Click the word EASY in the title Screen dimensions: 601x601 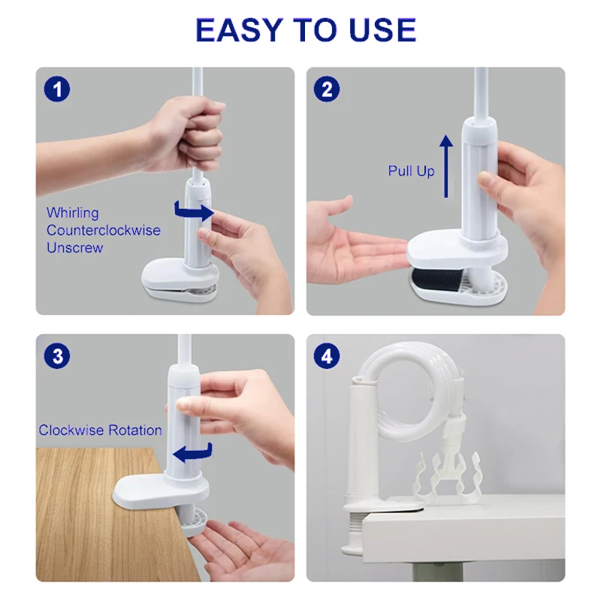pyautogui.click(x=239, y=30)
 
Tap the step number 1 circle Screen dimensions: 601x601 pyautogui.click(x=57, y=89)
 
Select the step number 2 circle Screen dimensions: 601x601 pyautogui.click(x=327, y=89)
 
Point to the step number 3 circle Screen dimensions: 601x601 pyautogui.click(x=57, y=356)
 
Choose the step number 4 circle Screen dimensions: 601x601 pyautogui.click(x=327, y=356)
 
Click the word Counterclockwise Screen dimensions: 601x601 pyautogui.click(x=104, y=230)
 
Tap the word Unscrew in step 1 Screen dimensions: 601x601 pyautogui.click(x=74, y=248)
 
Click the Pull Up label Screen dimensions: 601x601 pyautogui.click(x=411, y=171)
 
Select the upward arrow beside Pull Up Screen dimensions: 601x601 pyautogui.click(x=445, y=166)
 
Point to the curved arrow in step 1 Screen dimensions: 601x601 pyautogui.click(x=194, y=212)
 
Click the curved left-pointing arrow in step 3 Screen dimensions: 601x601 pyautogui.click(x=193, y=454)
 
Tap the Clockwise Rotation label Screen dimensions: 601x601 pyautogui.click(x=101, y=430)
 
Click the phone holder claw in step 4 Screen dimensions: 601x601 pyautogui.click(x=448, y=476)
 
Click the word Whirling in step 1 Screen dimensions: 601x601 pyautogui.click(x=72, y=213)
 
